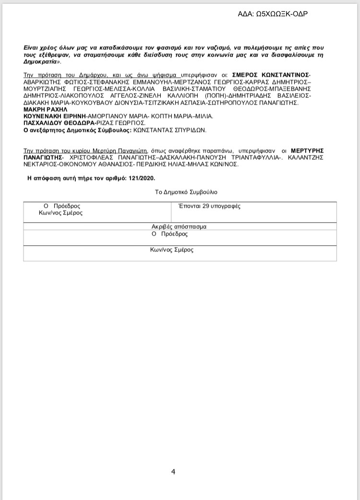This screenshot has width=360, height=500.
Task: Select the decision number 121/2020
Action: click(x=142, y=178)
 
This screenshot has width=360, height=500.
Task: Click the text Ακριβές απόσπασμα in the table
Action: click(x=179, y=226)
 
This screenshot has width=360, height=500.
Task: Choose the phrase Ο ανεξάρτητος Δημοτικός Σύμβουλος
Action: click(x=76, y=130)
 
